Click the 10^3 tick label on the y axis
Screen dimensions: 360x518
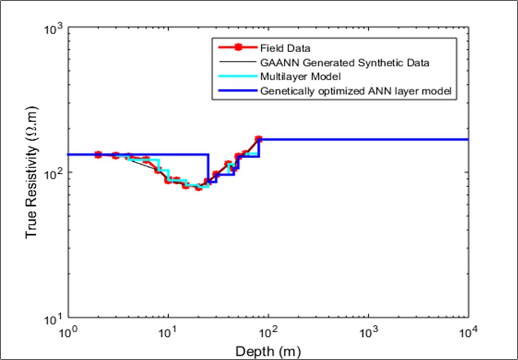coord(53,30)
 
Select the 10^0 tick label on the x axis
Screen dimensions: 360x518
coord(68,332)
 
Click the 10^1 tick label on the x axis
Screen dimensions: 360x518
coord(168,332)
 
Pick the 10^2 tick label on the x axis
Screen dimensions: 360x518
coord(268,332)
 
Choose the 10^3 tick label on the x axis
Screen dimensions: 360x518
coord(368,332)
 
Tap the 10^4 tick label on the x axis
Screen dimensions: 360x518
coord(468,332)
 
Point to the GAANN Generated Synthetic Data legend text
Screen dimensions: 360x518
coord(344,62)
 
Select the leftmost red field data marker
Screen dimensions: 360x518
coord(98,154)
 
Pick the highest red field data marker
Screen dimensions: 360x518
coord(259,139)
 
